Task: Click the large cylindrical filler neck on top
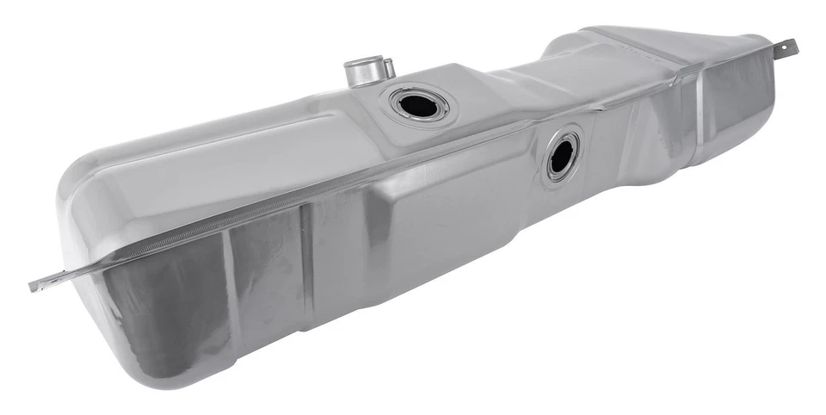tap(361, 72)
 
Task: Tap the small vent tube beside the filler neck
tap(388, 67)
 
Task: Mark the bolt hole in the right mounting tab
tap(786, 47)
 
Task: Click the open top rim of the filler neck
tap(361, 62)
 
